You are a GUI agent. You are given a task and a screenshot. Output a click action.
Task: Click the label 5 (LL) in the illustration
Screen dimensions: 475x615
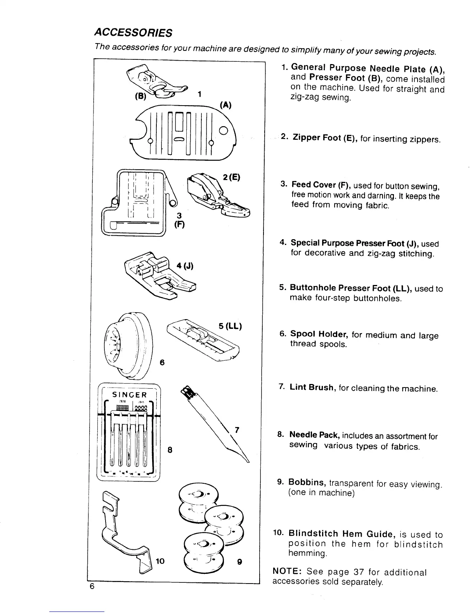click(230, 326)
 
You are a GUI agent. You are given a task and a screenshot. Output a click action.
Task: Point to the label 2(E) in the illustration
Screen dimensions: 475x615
click(232, 177)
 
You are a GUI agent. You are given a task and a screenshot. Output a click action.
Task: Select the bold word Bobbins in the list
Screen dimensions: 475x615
click(306, 482)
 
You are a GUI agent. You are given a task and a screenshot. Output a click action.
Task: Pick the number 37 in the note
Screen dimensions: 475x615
click(358, 572)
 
